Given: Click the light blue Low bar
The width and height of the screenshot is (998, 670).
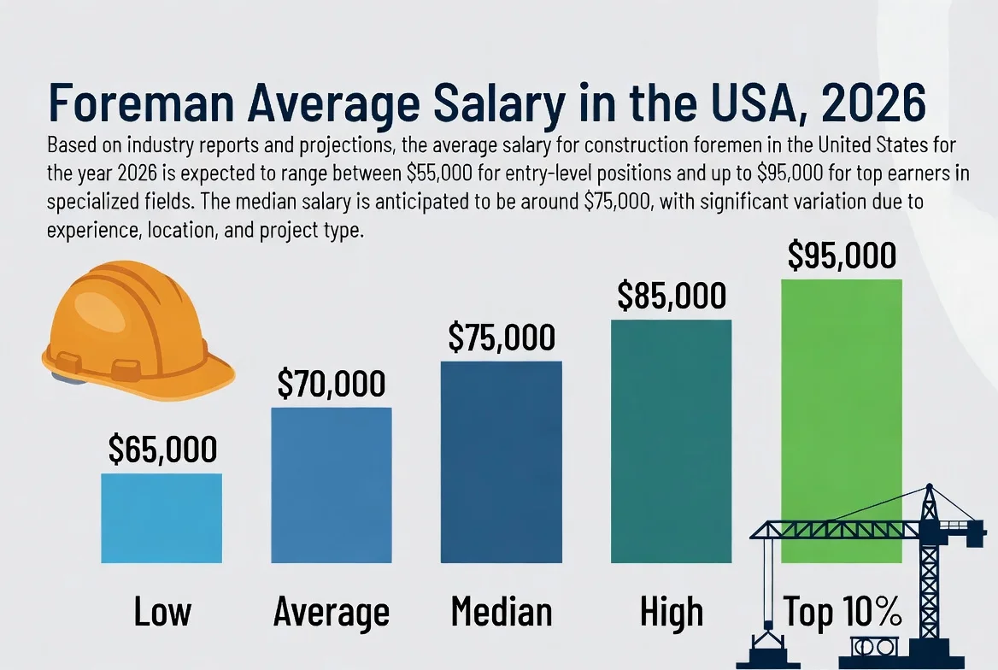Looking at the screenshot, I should [161, 518].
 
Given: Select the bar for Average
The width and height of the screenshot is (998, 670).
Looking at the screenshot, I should [332, 485].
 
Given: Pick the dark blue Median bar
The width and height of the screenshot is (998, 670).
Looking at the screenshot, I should [502, 461].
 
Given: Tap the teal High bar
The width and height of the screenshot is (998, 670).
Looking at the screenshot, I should [672, 440].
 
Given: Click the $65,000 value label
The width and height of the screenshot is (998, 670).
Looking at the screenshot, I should [162, 450].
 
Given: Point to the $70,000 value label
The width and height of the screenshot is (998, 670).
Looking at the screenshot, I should [332, 385].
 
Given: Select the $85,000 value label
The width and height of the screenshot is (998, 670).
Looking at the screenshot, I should [672, 296].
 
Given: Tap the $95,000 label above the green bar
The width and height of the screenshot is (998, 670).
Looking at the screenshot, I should [842, 256].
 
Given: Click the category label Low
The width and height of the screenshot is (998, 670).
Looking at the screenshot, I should [162, 613].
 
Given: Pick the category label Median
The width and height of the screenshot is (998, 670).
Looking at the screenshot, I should [502, 613].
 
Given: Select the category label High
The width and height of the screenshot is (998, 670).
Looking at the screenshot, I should [672, 613].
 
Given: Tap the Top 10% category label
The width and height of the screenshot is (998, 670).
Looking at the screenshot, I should [842, 613].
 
